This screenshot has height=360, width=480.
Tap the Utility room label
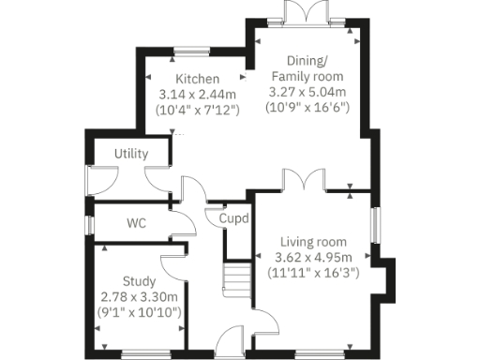click(131, 153)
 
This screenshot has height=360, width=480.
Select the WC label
click(139, 225)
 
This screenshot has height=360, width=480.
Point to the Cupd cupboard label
click(233, 218)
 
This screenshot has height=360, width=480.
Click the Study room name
click(140, 280)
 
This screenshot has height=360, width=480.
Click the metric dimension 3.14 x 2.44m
click(197, 94)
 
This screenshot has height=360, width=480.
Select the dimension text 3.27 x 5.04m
click(307, 92)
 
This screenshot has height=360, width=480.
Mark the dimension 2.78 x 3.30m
click(140, 296)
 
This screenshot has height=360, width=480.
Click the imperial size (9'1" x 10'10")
click(140, 311)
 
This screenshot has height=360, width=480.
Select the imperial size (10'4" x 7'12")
click(197, 110)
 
